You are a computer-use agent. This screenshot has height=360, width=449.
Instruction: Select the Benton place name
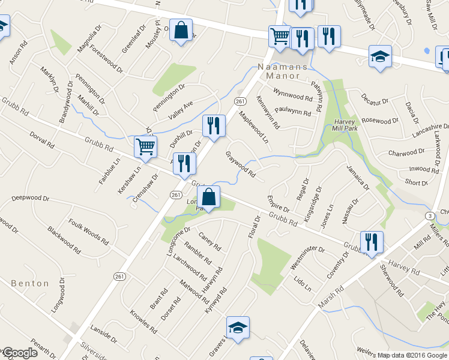click(x=29, y=283)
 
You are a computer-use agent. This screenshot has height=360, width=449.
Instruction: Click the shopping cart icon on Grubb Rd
click(x=146, y=146)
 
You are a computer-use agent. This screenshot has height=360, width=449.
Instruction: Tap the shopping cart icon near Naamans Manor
click(x=280, y=37)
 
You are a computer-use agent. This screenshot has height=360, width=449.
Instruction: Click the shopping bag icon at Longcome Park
click(x=209, y=197)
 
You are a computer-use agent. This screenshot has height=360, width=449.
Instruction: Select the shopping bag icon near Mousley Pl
click(x=181, y=30)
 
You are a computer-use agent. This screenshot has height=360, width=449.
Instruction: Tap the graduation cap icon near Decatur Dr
click(x=380, y=56)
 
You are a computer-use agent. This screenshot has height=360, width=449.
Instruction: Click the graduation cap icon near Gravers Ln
click(x=238, y=328)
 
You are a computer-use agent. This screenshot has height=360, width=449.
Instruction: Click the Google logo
click(x=19, y=353)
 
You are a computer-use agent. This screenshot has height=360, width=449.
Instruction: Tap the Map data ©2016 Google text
click(x=412, y=355)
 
